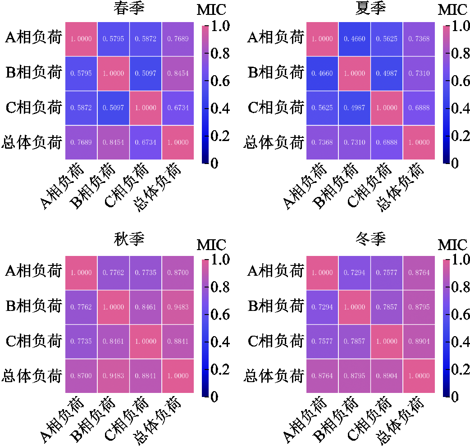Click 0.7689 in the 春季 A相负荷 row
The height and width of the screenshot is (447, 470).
point(178,39)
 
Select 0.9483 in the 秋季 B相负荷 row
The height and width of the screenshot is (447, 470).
point(178,307)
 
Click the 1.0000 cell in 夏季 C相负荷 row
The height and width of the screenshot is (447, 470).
point(387,108)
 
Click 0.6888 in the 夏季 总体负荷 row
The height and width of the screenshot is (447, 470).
point(387,142)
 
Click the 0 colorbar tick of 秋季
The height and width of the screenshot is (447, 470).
point(214,397)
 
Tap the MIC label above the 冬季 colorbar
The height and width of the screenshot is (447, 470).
point(452,246)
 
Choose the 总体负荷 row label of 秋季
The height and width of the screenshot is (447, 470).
point(32,376)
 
